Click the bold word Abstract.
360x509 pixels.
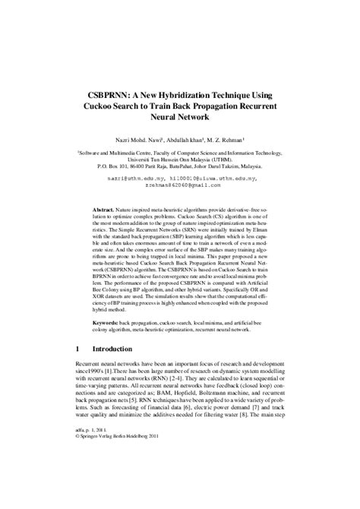(x=103, y=207)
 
